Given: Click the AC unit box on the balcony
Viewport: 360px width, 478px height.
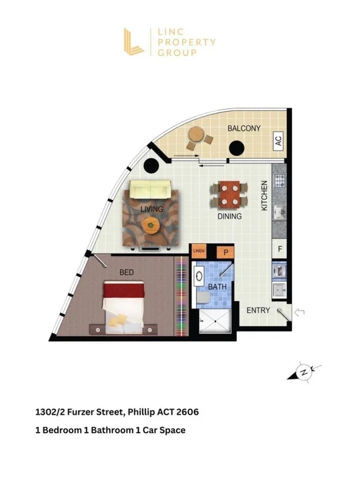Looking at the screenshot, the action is coord(278,141).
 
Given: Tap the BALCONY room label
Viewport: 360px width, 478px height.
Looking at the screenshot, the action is coord(244,128).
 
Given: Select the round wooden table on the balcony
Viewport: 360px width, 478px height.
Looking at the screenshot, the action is coord(196,134).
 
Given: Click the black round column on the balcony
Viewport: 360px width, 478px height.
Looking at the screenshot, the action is coord(236,148).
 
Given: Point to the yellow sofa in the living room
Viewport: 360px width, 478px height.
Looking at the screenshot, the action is coord(150,189).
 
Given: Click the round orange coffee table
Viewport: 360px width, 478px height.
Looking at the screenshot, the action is coord(151,225).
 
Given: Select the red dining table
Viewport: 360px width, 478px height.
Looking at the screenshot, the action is coord(229,195).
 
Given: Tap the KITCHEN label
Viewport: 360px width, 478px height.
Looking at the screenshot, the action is coord(264,195).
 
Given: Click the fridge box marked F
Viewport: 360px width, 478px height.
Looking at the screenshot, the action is coord(280,249).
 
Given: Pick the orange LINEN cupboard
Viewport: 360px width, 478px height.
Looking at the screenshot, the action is coord(199,251).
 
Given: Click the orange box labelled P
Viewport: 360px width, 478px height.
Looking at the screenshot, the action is coord(226,252).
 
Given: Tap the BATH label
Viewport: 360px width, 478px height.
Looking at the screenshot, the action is coord(217,287).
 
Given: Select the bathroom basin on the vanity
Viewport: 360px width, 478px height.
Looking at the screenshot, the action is coord(199,276).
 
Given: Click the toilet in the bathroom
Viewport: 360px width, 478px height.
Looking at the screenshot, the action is coord(203,298).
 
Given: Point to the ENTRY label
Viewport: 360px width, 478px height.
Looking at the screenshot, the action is coord(258,310).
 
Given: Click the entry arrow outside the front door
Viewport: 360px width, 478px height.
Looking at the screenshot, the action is coord(299,312).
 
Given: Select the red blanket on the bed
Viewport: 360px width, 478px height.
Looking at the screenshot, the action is coord(124,289).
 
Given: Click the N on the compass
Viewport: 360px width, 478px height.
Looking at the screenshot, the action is coord(303,372).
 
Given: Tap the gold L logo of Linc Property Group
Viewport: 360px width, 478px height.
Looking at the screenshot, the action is coord(133,42).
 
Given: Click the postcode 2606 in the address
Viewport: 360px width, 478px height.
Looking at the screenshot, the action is coord(187,412).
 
